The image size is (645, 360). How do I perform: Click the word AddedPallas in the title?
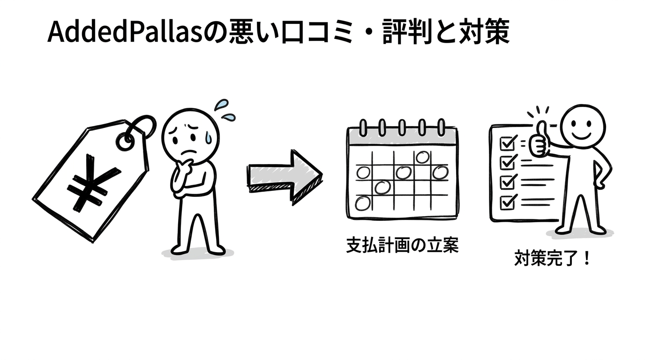tap(125, 32)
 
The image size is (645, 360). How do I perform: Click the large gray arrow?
tap(285, 177)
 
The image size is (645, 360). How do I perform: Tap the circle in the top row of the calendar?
tap(422, 157)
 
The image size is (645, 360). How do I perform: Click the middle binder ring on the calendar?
tap(402, 127)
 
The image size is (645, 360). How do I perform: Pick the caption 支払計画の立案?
tap(402, 245)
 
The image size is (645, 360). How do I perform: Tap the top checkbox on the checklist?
tap(508, 143)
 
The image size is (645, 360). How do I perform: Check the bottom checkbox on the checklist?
tap(508, 202)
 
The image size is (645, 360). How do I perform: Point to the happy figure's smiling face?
tap(582, 127)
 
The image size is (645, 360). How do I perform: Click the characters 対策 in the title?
tap(484, 32)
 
